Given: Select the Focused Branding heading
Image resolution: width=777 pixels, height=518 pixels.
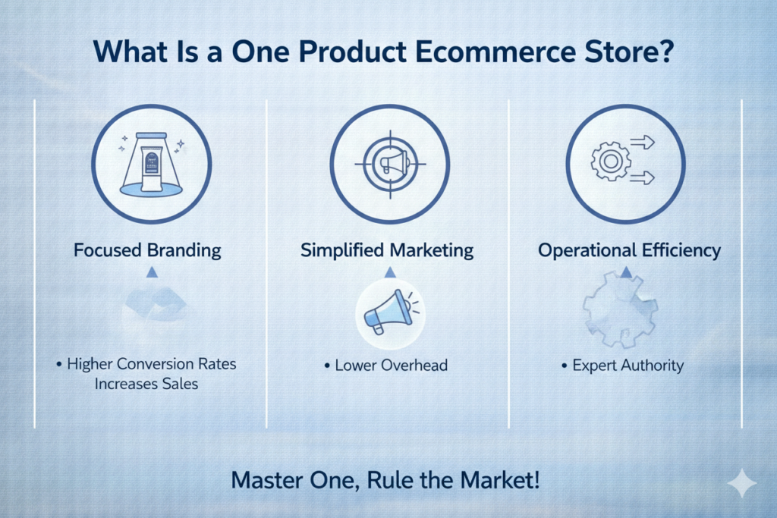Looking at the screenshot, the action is (x=147, y=250).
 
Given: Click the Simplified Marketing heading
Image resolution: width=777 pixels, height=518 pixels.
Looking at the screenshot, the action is (x=387, y=250).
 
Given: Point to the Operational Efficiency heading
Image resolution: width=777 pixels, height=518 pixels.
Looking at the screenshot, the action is (x=629, y=250).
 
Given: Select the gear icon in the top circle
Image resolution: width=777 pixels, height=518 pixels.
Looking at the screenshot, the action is (x=611, y=161).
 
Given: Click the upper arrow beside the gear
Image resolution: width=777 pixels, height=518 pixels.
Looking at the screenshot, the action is (x=643, y=143).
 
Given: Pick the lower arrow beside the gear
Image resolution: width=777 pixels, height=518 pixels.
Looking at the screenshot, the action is (x=643, y=177).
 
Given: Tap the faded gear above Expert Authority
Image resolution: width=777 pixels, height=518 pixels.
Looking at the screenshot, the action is (x=620, y=309).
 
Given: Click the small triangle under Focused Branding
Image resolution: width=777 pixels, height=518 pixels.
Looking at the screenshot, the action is (x=152, y=272).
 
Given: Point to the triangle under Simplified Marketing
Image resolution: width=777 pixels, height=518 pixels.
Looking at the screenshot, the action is (x=390, y=272).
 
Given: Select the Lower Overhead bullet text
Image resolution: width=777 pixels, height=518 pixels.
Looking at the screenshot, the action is (x=392, y=366).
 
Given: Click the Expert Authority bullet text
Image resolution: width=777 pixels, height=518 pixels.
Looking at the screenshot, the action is (x=628, y=366).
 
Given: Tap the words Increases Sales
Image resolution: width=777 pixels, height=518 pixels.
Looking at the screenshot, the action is (x=146, y=384).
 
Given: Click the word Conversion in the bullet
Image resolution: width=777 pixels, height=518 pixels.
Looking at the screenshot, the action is (x=152, y=364).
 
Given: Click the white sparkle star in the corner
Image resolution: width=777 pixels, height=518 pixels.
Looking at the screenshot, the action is (x=742, y=482).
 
